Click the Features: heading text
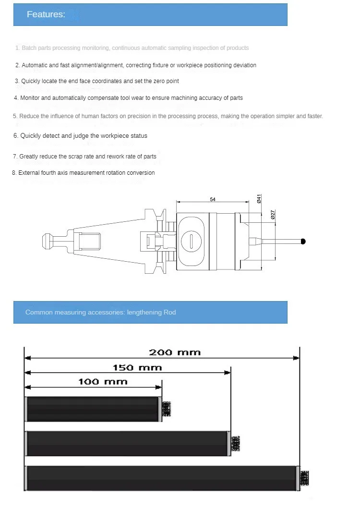pos(46,14)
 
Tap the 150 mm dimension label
pos(137,368)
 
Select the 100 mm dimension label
pos(103,382)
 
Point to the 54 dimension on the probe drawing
pos(213,199)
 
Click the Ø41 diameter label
pos(259,199)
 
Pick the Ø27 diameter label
pos(273,215)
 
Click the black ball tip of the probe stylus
pos(303,241)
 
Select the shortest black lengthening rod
pos(93,409)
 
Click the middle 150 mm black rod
pos(127,443)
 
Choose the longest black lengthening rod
pos(161,478)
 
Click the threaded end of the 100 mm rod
pos(167,409)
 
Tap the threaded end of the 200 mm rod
pos(305,478)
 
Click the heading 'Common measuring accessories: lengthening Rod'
pos(101,312)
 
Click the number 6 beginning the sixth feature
pos(15,136)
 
